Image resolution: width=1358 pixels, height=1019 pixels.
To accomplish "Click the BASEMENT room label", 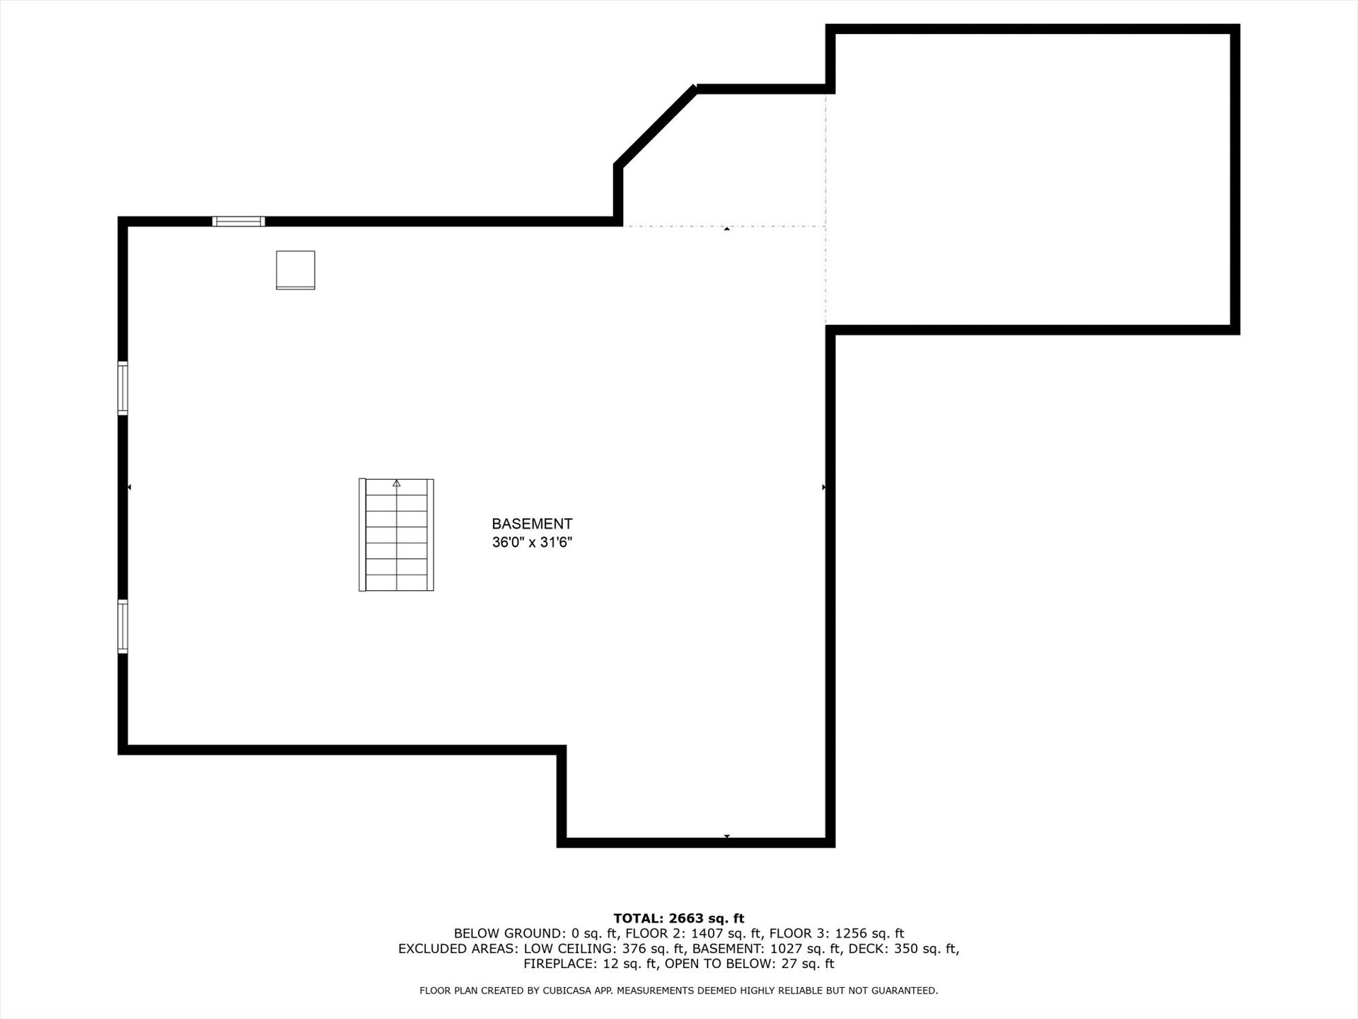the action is click(x=532, y=524).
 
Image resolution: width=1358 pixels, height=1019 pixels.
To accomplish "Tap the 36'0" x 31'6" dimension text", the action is click(x=532, y=543).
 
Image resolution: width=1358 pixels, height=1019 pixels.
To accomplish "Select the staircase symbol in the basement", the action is click(x=396, y=535).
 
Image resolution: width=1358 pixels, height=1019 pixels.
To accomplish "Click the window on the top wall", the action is click(x=238, y=221).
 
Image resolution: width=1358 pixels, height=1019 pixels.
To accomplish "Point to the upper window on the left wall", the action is click(x=123, y=388).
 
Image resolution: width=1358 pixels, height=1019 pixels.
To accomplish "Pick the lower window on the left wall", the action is click(x=123, y=626).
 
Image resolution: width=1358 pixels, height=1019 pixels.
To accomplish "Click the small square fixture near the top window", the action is click(x=296, y=270).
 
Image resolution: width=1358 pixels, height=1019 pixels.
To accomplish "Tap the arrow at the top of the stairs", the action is click(x=397, y=483).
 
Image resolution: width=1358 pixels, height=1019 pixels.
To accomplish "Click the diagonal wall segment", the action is click(x=655, y=126).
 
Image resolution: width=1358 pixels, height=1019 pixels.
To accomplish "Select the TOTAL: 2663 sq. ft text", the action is click(x=679, y=919).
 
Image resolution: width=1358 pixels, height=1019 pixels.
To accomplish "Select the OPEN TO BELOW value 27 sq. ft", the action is click(x=808, y=964).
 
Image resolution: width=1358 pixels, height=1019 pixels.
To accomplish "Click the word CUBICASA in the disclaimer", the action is click(x=567, y=991).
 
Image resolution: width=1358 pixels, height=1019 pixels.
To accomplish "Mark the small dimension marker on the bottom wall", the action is click(x=726, y=836).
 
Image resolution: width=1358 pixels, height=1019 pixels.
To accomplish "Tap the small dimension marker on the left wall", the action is click(x=129, y=488).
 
